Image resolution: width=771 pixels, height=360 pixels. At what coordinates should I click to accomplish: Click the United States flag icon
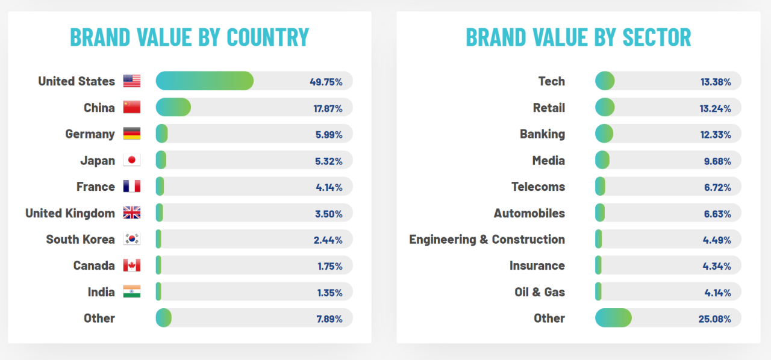[131, 81]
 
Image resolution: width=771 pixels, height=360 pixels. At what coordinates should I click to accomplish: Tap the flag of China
[131, 108]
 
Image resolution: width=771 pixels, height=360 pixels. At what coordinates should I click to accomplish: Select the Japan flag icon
[131, 160]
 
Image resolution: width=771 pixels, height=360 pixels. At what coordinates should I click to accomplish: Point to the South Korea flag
[131, 239]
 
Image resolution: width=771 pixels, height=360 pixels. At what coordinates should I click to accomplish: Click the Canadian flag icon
[131, 265]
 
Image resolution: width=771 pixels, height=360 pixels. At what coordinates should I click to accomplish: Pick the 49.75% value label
[325, 82]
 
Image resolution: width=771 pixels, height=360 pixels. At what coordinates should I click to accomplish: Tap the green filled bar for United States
[204, 81]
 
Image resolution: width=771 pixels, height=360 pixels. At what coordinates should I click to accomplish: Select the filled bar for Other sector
[613, 318]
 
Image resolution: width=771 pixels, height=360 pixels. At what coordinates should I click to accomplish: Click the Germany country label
[90, 134]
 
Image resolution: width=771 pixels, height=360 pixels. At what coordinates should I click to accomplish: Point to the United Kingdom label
[70, 213]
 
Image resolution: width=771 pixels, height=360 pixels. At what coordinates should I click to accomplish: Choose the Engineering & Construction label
[487, 240]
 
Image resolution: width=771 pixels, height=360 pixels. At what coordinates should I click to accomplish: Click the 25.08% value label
[715, 318]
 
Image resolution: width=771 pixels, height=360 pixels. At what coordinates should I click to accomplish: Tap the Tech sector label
[551, 81]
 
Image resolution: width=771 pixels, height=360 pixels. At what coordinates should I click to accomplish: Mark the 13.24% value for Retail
[716, 108]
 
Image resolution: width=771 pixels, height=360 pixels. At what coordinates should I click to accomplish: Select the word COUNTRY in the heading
[267, 37]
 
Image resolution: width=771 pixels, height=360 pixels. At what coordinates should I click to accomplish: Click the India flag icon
[131, 292]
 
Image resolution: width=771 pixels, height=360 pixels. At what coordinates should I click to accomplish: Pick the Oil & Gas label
[540, 292]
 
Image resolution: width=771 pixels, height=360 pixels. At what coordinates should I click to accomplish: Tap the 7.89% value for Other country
[329, 318]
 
